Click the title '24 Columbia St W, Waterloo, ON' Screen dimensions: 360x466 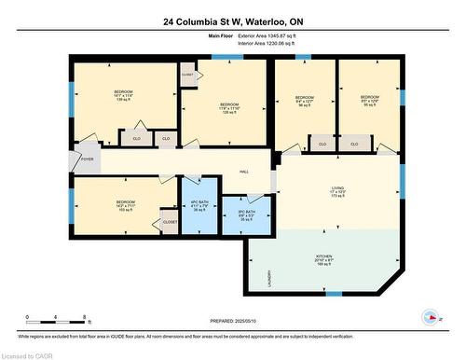(x=232, y=20)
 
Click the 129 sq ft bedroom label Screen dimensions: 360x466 (x=229, y=108)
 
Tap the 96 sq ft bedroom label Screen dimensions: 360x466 (x=304, y=102)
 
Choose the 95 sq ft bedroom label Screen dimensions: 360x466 (x=369, y=101)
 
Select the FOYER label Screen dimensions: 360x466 (x=87, y=159)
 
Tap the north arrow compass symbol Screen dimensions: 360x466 (x=432, y=318)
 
